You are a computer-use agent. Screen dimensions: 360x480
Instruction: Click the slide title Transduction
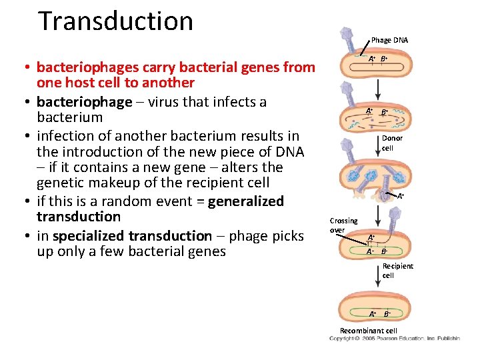click(115, 21)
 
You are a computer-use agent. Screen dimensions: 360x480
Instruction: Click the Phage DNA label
click(389, 41)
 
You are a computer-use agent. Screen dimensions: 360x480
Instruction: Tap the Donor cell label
click(392, 143)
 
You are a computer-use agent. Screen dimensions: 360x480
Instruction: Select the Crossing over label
click(343, 225)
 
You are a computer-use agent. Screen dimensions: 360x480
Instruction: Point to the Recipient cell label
click(397, 271)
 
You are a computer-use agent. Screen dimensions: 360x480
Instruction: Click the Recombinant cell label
click(368, 331)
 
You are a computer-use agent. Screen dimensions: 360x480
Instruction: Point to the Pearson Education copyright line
click(394, 339)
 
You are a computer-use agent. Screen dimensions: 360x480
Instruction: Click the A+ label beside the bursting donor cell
click(400, 197)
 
